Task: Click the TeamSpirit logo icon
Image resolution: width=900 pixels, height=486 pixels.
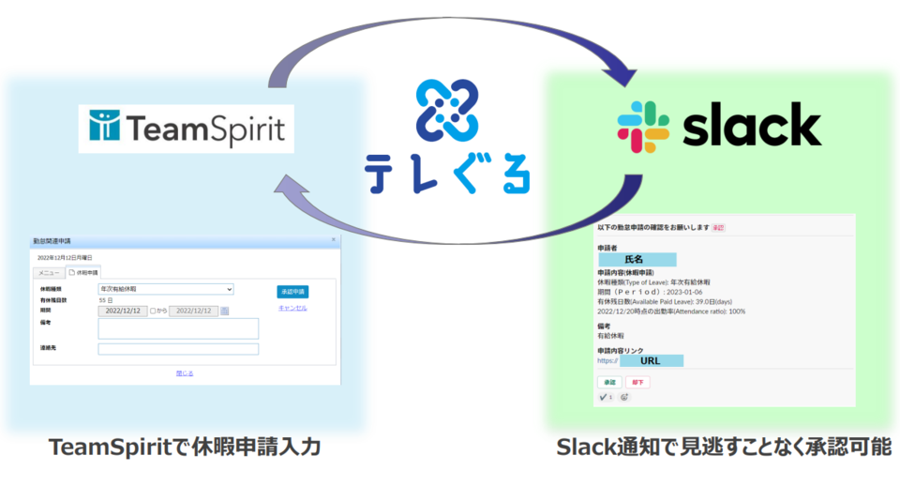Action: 104,127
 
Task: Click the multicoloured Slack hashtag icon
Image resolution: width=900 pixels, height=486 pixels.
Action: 642,127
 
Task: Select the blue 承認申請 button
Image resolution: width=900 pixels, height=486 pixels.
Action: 292,292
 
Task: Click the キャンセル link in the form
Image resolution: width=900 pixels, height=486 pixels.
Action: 292,308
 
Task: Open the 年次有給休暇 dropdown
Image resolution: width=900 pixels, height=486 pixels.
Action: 165,289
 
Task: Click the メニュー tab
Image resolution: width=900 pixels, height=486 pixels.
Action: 49,272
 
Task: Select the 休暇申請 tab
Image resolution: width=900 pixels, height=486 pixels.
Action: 84,272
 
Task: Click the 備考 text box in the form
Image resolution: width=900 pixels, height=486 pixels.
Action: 178,328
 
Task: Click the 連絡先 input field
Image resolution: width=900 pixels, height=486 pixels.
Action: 178,349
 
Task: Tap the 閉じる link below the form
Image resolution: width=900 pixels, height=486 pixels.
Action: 185,372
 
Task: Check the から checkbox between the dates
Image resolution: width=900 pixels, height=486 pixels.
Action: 154,311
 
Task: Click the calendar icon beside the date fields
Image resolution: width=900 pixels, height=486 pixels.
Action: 225,311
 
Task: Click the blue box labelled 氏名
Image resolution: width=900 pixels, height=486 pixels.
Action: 637,258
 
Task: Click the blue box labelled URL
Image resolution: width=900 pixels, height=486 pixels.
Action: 651,359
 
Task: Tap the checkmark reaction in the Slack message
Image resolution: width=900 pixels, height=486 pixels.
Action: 606,397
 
